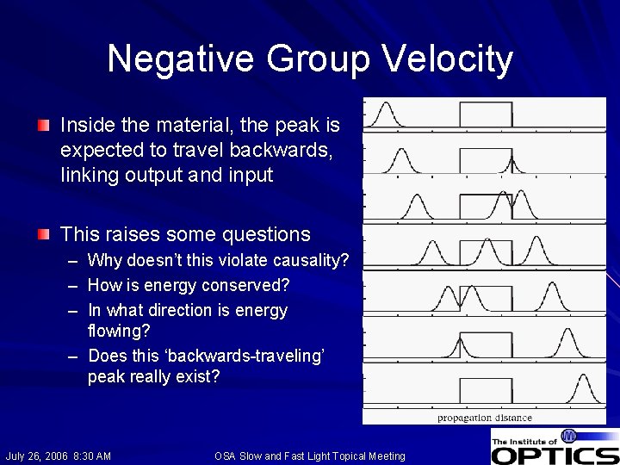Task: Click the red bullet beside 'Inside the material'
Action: click(x=44, y=126)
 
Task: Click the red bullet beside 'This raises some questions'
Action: click(x=44, y=234)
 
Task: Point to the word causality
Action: click(x=313, y=260)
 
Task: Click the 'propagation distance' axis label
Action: click(x=485, y=417)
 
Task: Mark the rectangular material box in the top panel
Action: click(x=486, y=115)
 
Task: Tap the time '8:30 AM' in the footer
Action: click(x=93, y=456)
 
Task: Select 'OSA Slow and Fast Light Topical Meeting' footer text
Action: click(x=309, y=456)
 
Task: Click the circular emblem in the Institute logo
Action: click(x=569, y=437)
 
